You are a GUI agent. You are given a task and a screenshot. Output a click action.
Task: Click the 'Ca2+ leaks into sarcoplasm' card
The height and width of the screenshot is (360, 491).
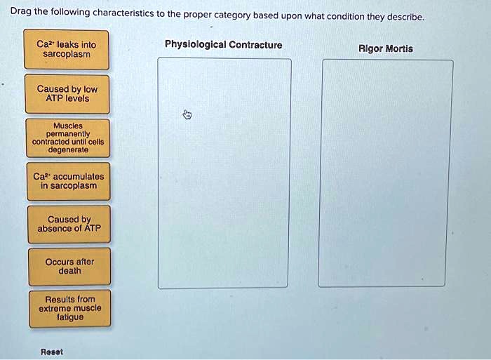tap(67, 49)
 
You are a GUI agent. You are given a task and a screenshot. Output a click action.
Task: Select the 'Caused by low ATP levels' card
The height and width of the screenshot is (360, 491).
tap(67, 94)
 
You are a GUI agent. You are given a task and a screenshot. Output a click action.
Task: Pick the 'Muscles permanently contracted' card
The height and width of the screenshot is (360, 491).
tap(68, 138)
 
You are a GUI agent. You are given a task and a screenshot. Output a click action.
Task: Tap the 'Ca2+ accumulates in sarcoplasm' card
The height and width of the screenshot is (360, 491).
tap(69, 181)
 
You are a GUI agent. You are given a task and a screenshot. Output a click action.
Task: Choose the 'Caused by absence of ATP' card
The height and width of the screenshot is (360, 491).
tap(69, 224)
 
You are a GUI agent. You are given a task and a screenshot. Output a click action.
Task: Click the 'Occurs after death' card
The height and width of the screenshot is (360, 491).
tap(69, 267)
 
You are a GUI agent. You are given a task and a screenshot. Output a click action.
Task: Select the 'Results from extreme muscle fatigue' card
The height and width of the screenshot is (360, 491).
tap(70, 309)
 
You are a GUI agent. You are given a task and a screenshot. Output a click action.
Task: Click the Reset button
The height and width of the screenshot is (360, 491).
tap(52, 352)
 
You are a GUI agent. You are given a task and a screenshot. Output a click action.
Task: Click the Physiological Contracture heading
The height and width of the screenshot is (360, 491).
tap(224, 44)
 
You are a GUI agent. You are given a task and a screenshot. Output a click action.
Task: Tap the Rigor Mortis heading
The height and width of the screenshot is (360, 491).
tap(386, 48)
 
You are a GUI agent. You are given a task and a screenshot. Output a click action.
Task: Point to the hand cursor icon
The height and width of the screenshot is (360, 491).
tap(187, 114)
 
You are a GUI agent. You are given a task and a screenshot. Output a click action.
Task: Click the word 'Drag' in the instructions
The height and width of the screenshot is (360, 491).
tap(20, 11)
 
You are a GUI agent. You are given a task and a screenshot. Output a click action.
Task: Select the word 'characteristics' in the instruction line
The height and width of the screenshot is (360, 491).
tap(123, 13)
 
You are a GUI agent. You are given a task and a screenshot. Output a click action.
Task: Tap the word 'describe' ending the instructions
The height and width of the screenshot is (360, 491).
tap(405, 17)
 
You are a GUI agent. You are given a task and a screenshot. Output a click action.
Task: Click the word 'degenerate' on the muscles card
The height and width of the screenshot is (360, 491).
tap(68, 149)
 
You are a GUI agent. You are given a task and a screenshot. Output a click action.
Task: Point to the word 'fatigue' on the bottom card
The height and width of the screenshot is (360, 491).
tap(70, 317)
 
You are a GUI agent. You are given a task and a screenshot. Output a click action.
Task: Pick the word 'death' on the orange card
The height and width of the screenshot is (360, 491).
tap(70, 271)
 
